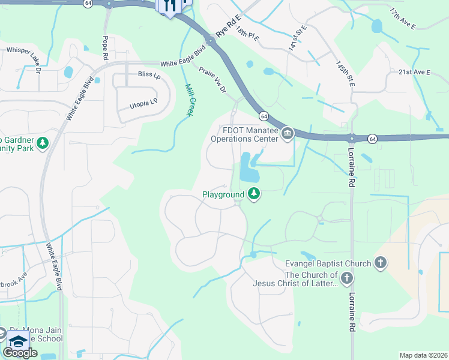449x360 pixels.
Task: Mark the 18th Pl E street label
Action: [x=247, y=34]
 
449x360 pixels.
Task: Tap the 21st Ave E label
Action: [x=415, y=72]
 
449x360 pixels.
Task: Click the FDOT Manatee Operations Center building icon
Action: [x=288, y=133]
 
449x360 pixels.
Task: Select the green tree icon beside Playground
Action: [x=255, y=193]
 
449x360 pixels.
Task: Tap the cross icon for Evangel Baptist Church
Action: [x=379, y=262]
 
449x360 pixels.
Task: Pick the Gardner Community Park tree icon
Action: [x=43, y=143]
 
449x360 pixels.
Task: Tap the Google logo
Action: [x=20, y=353]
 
